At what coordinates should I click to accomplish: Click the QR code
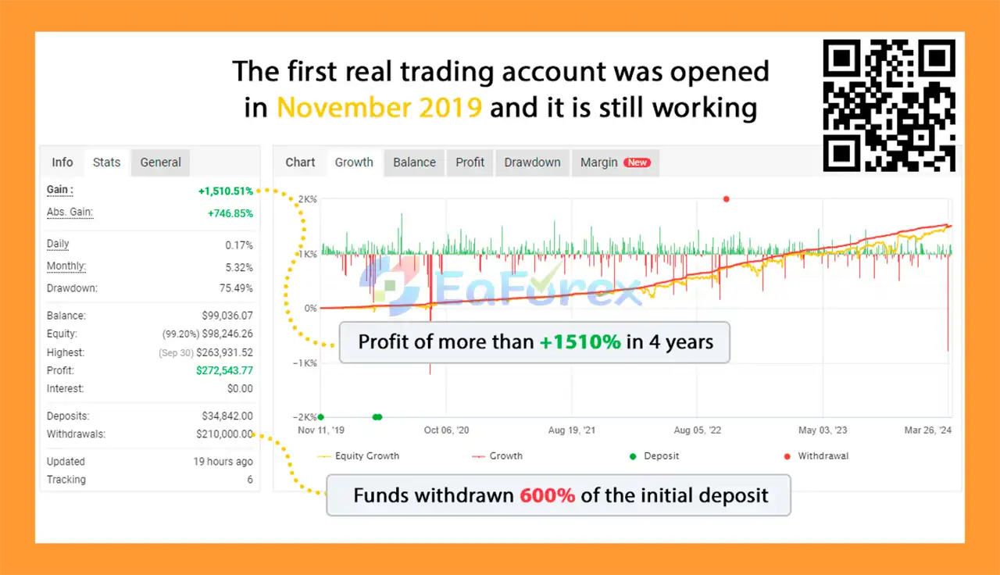[889, 105]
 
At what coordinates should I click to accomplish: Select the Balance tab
[414, 162]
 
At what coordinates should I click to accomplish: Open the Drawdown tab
[532, 162]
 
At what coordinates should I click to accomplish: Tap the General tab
[161, 162]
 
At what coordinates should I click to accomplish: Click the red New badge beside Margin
[637, 162]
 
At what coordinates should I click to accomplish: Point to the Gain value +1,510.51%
[226, 191]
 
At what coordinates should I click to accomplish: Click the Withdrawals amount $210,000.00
[224, 434]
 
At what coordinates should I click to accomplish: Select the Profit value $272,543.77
[224, 370]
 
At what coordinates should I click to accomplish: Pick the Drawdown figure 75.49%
[236, 288]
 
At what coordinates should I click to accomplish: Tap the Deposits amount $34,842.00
[227, 416]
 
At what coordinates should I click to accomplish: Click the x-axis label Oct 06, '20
[446, 430]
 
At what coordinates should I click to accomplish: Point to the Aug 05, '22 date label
[698, 430]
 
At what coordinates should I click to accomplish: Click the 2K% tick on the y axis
[307, 199]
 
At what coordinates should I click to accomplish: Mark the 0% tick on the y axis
[310, 309]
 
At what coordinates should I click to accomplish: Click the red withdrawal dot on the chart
[727, 199]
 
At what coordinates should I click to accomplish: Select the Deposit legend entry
[654, 456]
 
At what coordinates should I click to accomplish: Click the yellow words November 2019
[379, 108]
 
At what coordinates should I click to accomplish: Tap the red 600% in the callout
[548, 495]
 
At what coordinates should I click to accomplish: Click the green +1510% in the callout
[580, 342]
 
